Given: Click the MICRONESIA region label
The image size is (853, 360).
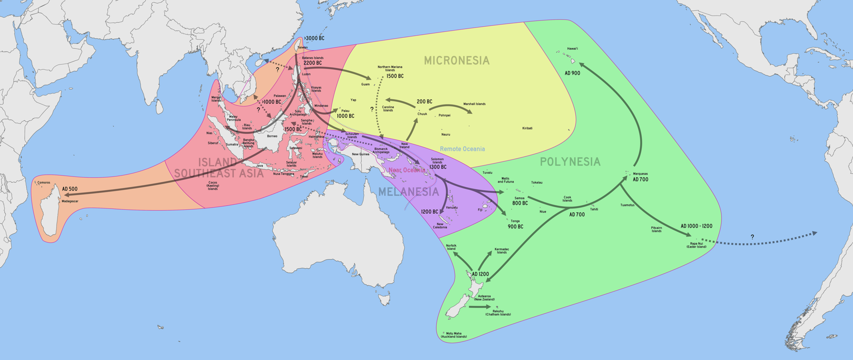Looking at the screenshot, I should pos(457,61).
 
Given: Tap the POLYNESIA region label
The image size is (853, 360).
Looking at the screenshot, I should pos(570,162).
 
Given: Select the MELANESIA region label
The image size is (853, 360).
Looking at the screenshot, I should pos(408,192).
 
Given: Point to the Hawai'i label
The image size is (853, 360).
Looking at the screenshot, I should pos(572,49).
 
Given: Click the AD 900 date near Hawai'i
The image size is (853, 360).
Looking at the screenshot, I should pos(572,73).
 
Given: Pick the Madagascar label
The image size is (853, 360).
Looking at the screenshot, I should pos(70,201).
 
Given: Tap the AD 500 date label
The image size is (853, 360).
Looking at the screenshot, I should pos(70,189).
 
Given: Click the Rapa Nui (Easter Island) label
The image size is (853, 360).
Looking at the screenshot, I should pos(696,245).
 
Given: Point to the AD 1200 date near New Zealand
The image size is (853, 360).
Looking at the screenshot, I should pos(480,274).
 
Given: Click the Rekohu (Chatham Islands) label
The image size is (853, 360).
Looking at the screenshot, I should pos(498,313).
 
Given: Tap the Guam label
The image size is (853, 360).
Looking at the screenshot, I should pos(365,84).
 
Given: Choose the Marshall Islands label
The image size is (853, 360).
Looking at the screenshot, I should pos(474,104).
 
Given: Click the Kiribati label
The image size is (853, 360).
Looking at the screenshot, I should pos(527,128).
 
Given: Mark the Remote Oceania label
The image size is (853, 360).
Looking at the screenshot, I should pos(462,149).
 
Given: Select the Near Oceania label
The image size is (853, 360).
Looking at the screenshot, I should pos(406,170).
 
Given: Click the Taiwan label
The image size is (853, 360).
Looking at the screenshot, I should pos(302,48).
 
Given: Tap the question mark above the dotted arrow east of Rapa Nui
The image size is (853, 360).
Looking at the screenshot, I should pos(752,237).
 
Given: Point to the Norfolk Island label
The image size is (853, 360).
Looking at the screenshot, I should pos(451,247).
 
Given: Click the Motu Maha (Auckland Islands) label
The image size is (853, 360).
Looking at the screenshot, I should pos(454,335).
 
